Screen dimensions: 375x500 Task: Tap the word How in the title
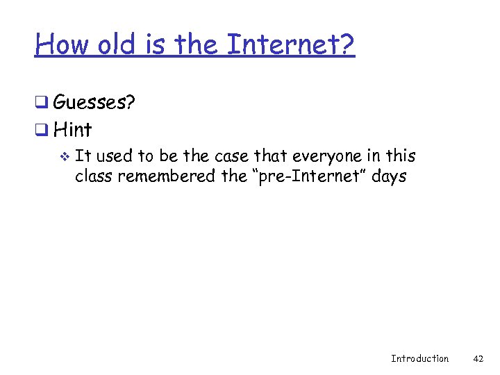(63, 46)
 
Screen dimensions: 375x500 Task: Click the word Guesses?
(94, 103)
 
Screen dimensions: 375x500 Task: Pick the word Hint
(72, 129)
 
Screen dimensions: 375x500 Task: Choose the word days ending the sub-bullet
(388, 176)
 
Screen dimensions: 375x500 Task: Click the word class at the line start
(94, 176)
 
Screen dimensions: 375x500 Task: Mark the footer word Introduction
(419, 358)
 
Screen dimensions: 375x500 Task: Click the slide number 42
(478, 358)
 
